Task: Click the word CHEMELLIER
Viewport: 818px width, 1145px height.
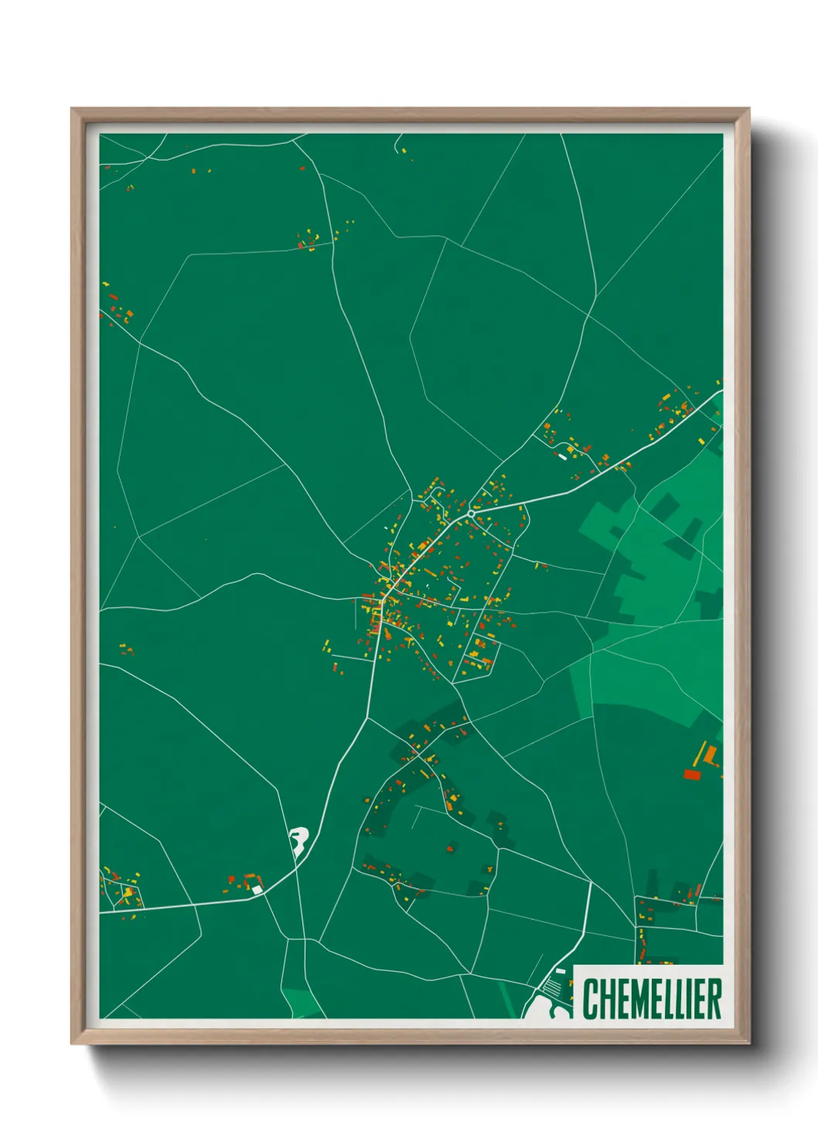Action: click(652, 999)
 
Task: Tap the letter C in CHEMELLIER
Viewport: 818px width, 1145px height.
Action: click(590, 999)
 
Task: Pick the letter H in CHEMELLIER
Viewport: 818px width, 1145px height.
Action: click(604, 999)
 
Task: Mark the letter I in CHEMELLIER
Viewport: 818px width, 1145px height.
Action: click(690, 999)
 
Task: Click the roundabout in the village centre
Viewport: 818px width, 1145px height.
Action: click(471, 513)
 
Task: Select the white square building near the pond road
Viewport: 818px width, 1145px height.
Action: click(257, 890)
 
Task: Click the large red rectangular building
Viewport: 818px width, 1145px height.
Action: click(691, 774)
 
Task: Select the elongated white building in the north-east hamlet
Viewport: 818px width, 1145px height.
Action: click(563, 456)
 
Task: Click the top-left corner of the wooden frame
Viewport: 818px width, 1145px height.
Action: click(72, 109)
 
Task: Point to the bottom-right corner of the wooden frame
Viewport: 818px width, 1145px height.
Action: click(748, 1043)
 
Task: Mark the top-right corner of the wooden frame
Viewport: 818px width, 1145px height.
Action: click(748, 109)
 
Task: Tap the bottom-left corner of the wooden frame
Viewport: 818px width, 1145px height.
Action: click(72, 1043)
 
